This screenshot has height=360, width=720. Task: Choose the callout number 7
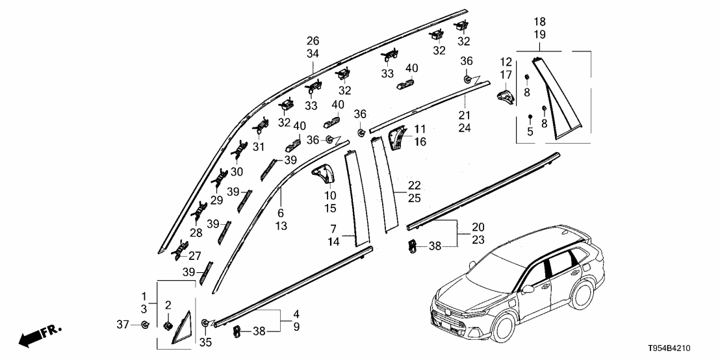point(333,229)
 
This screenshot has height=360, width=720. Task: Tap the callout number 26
point(313,40)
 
